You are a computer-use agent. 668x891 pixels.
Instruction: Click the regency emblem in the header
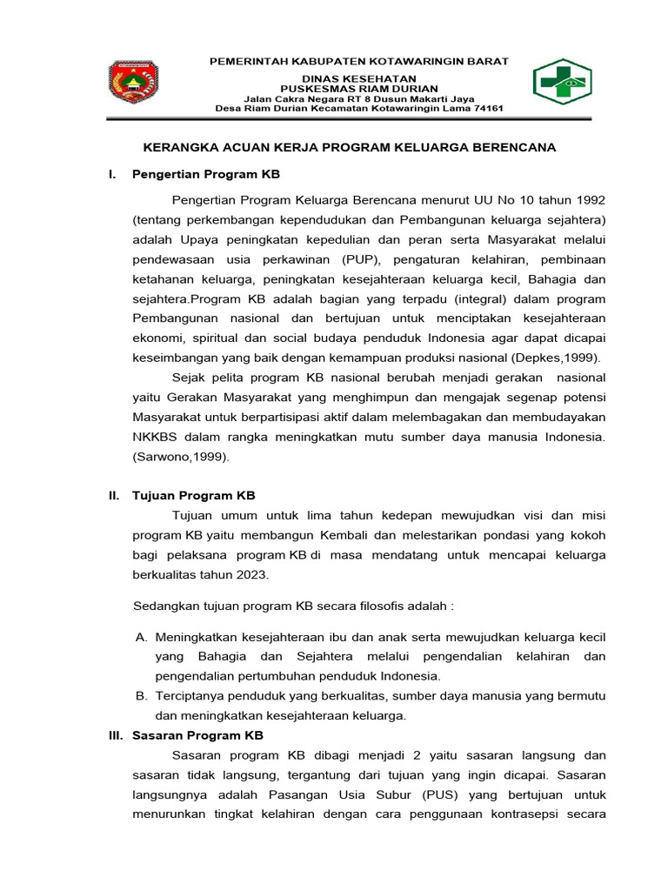pos(134,84)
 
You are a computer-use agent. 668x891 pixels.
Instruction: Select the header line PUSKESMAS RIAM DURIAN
pos(358,88)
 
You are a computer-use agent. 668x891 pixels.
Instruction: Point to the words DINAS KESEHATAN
pos(358,77)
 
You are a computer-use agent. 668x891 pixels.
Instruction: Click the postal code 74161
pos(485,109)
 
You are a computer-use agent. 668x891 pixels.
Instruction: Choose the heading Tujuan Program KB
pos(193,496)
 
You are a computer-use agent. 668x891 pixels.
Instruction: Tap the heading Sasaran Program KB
pos(197,735)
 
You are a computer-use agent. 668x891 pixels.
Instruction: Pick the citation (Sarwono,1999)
pos(181,456)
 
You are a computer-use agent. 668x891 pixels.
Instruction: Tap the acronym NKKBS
pos(153,436)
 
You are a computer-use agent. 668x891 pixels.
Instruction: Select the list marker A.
pos(141,637)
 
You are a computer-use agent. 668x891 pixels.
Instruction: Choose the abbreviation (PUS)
pos(443,795)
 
